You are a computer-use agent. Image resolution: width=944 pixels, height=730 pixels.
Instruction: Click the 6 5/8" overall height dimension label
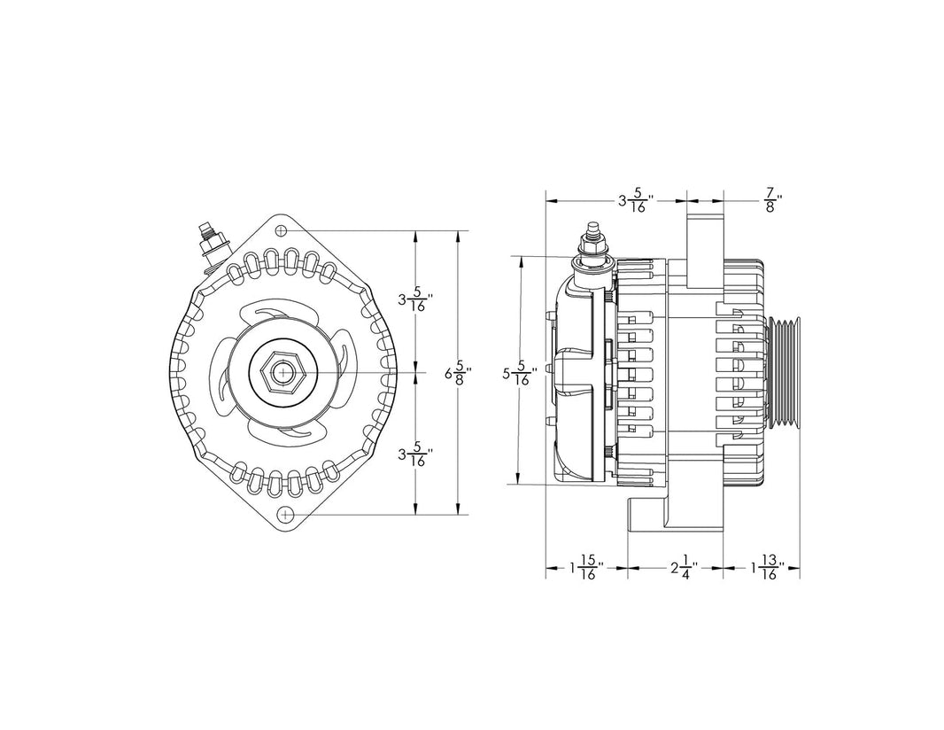pyautogui.click(x=458, y=373)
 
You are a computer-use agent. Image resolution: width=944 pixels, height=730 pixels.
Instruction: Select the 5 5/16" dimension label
pyautogui.click(x=521, y=374)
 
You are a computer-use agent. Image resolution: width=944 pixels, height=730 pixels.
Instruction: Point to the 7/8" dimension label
pyautogui.click(x=772, y=200)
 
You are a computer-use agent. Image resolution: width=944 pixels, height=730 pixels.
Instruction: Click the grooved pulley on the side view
pyautogui.click(x=783, y=373)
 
